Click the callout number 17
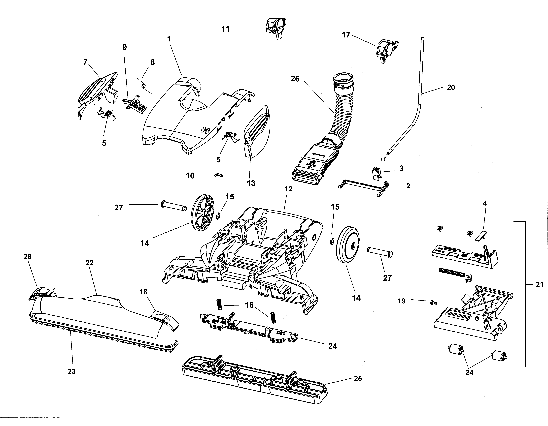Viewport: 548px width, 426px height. pos(346,35)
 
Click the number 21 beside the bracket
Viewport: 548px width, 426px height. pos(540,284)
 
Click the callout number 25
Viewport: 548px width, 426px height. pos(358,378)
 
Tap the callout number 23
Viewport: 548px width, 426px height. pos(71,371)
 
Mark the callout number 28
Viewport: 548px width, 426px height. pos(28,256)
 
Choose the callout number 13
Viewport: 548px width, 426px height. pos(251,183)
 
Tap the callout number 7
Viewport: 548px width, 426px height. pos(85,62)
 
